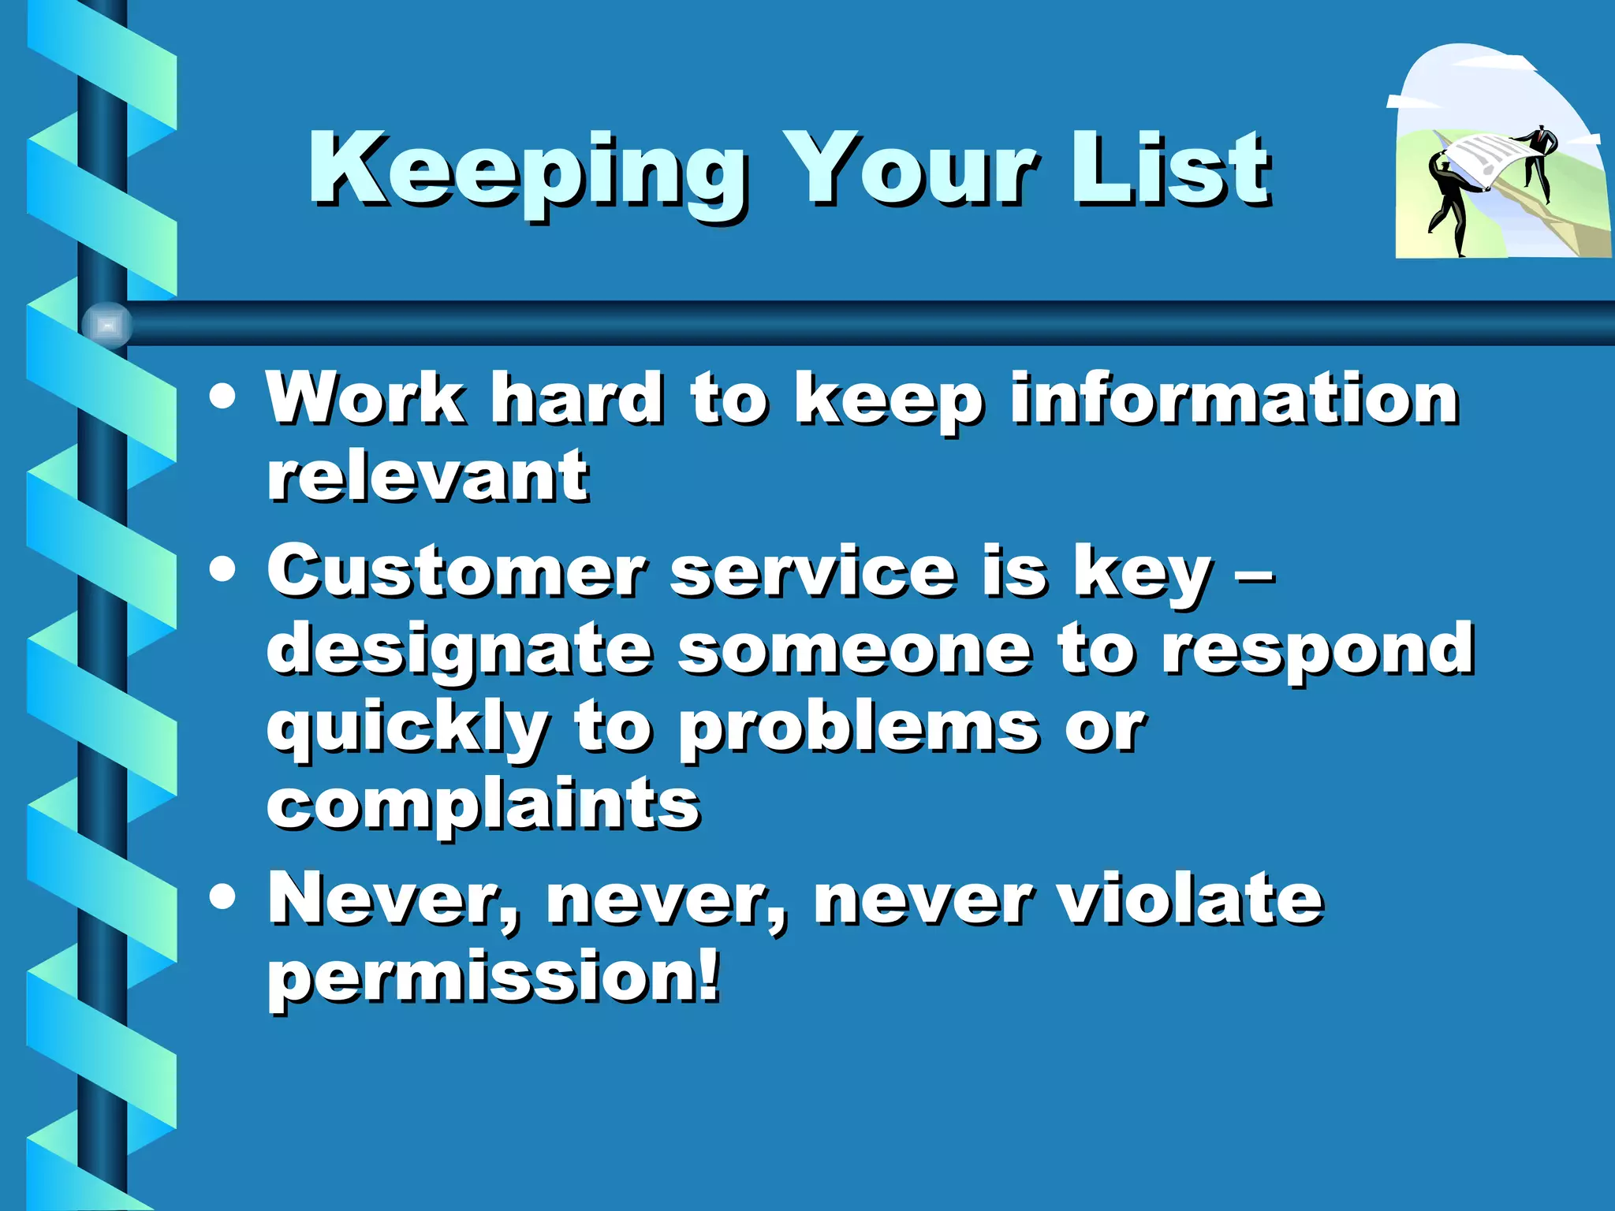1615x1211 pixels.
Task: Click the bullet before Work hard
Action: [x=223, y=397]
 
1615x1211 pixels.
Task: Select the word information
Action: [x=1234, y=399]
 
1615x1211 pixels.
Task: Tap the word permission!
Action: [x=494, y=978]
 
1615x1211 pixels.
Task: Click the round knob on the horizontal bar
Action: [x=107, y=324]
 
